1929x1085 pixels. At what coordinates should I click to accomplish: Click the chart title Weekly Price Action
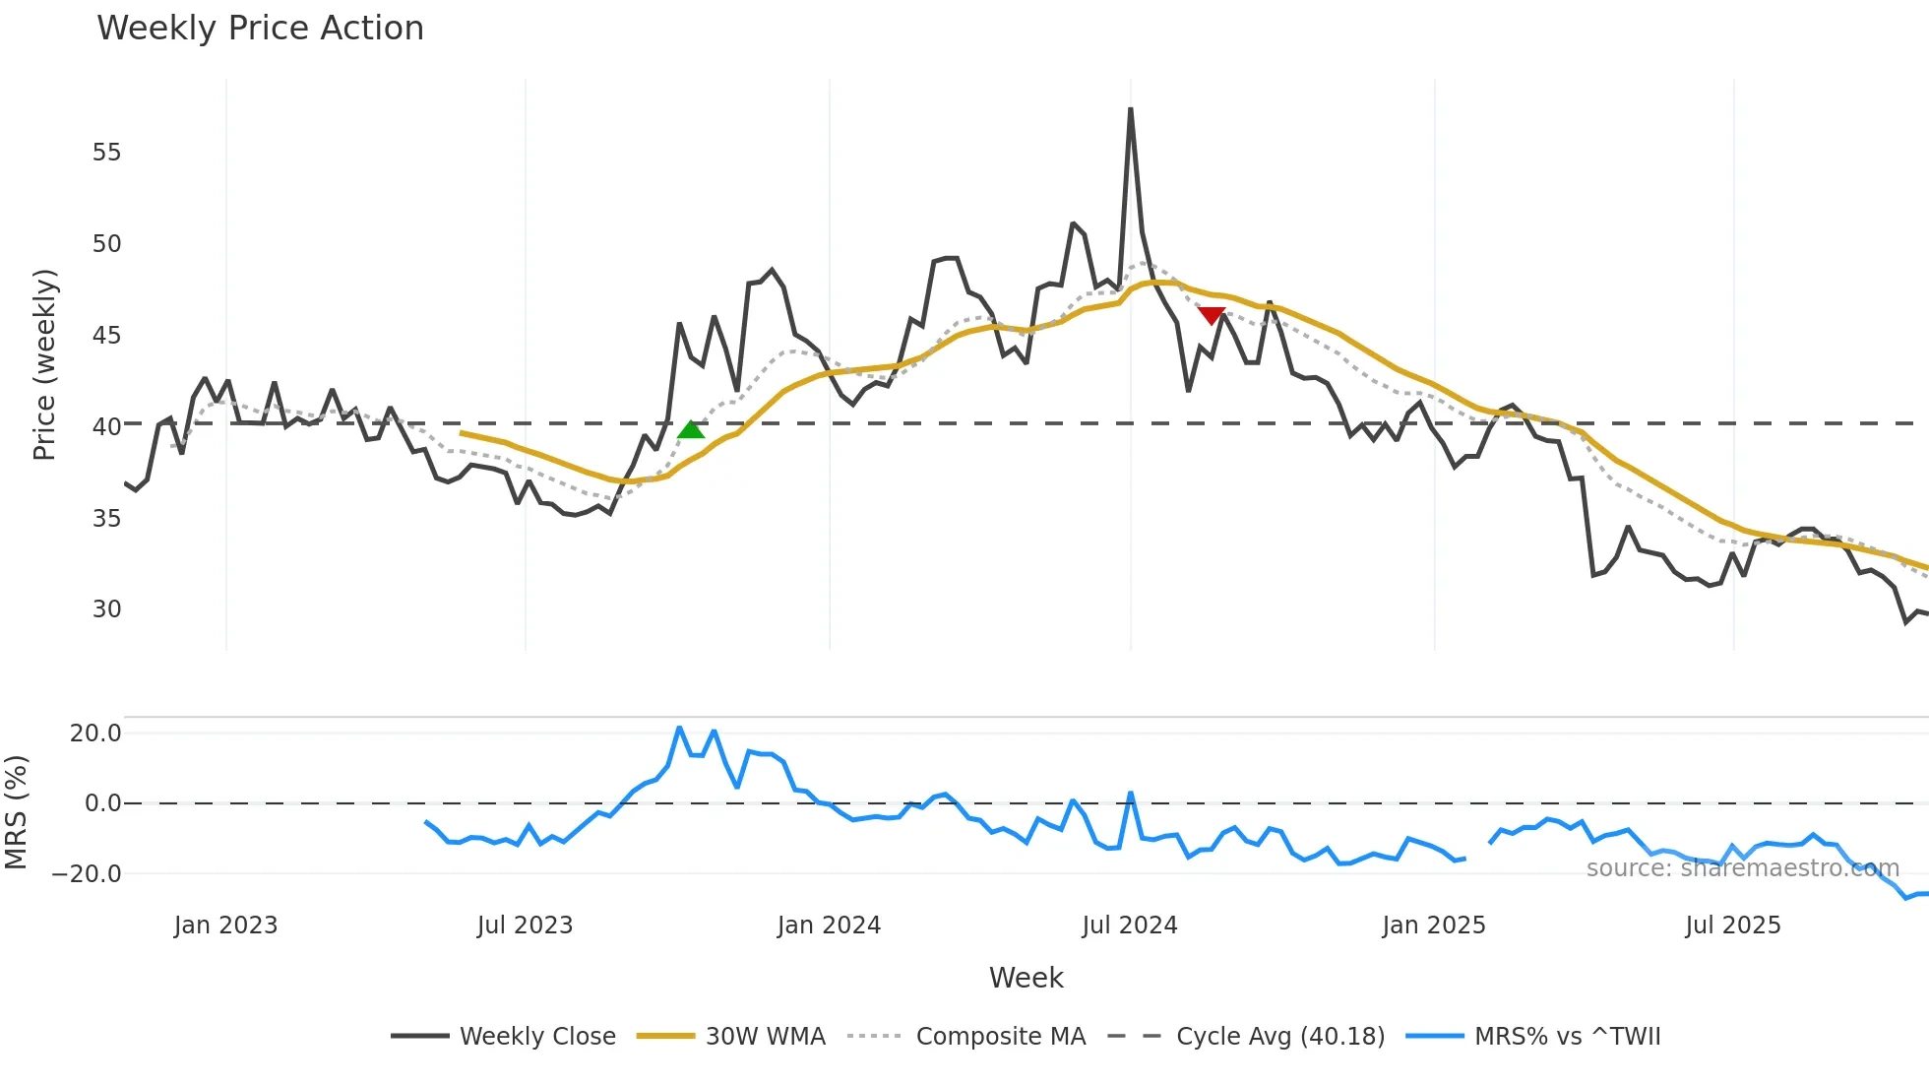pos(260,29)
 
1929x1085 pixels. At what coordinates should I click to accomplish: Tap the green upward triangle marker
pos(691,429)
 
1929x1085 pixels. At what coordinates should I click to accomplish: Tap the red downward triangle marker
pos(1212,315)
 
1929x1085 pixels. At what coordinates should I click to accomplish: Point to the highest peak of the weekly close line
pos(1131,109)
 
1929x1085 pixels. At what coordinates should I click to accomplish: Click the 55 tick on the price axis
pos(106,153)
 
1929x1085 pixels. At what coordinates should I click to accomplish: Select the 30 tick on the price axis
pos(106,609)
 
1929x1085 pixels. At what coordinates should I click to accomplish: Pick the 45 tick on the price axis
pos(106,336)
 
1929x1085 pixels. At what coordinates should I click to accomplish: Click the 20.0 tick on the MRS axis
pos(95,734)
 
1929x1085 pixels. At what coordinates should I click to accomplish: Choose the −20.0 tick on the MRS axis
pos(87,874)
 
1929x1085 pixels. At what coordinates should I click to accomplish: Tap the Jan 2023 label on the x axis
pos(225,925)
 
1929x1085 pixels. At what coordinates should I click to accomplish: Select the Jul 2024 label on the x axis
pos(1129,925)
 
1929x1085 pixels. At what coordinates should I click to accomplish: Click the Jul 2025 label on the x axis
pos(1732,925)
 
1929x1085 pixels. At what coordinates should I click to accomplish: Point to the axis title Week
pos(1026,978)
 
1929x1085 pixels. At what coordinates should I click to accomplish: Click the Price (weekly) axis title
pos(45,364)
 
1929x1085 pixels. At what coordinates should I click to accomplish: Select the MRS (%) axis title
pos(16,812)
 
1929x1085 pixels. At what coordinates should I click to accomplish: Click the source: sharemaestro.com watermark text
pos(1742,868)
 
